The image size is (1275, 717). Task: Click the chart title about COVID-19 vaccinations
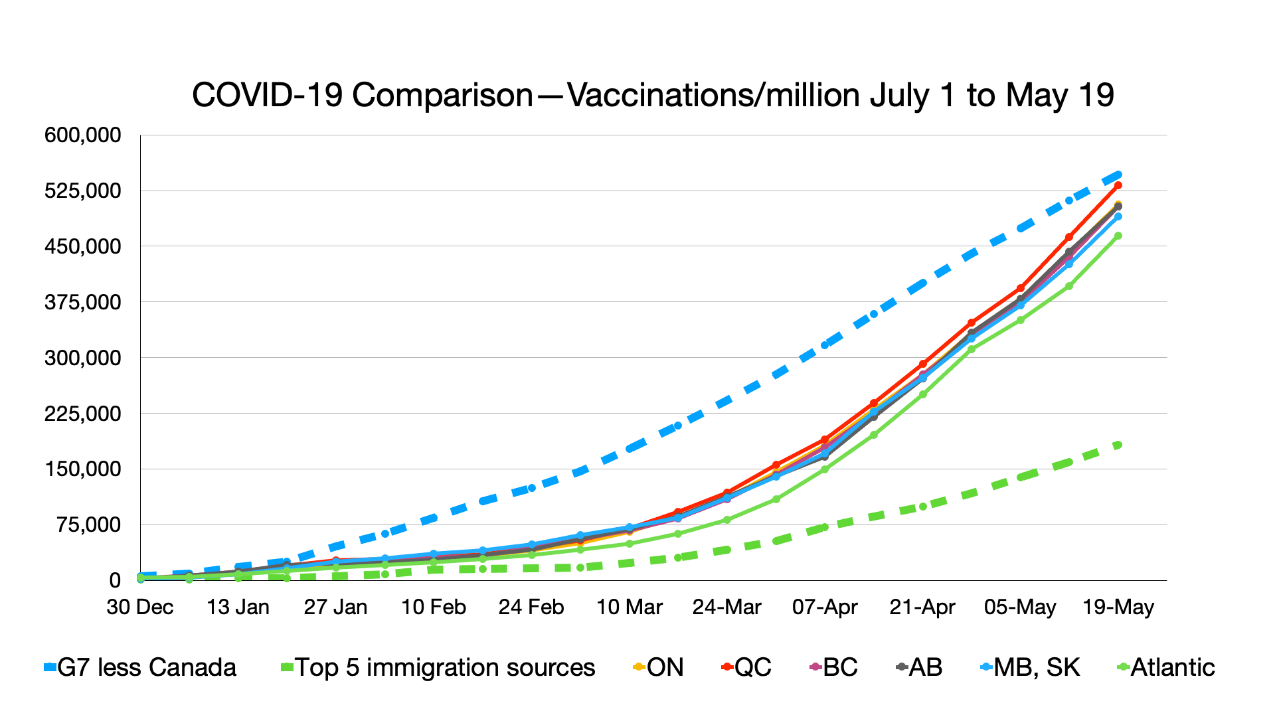(x=653, y=95)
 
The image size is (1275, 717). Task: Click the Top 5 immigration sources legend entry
(x=438, y=667)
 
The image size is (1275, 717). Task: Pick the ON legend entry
(x=658, y=667)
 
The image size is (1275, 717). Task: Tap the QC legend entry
(x=746, y=667)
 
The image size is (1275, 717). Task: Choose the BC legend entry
(x=834, y=667)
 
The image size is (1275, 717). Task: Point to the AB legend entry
(x=919, y=667)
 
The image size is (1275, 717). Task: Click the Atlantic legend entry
(x=1166, y=667)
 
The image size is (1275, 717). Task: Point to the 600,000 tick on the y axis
(x=83, y=135)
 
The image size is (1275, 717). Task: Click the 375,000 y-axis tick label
(x=83, y=302)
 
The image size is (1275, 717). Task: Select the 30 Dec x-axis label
(x=140, y=607)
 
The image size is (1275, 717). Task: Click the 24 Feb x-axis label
(x=531, y=607)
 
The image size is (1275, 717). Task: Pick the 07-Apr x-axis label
(x=825, y=607)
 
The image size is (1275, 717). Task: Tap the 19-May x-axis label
(x=1118, y=607)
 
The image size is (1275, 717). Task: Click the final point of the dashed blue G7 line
(x=1118, y=175)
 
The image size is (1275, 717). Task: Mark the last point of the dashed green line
(x=1118, y=445)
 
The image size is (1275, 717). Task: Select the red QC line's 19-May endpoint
(x=1118, y=185)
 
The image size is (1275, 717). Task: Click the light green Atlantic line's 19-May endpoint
(x=1118, y=236)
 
